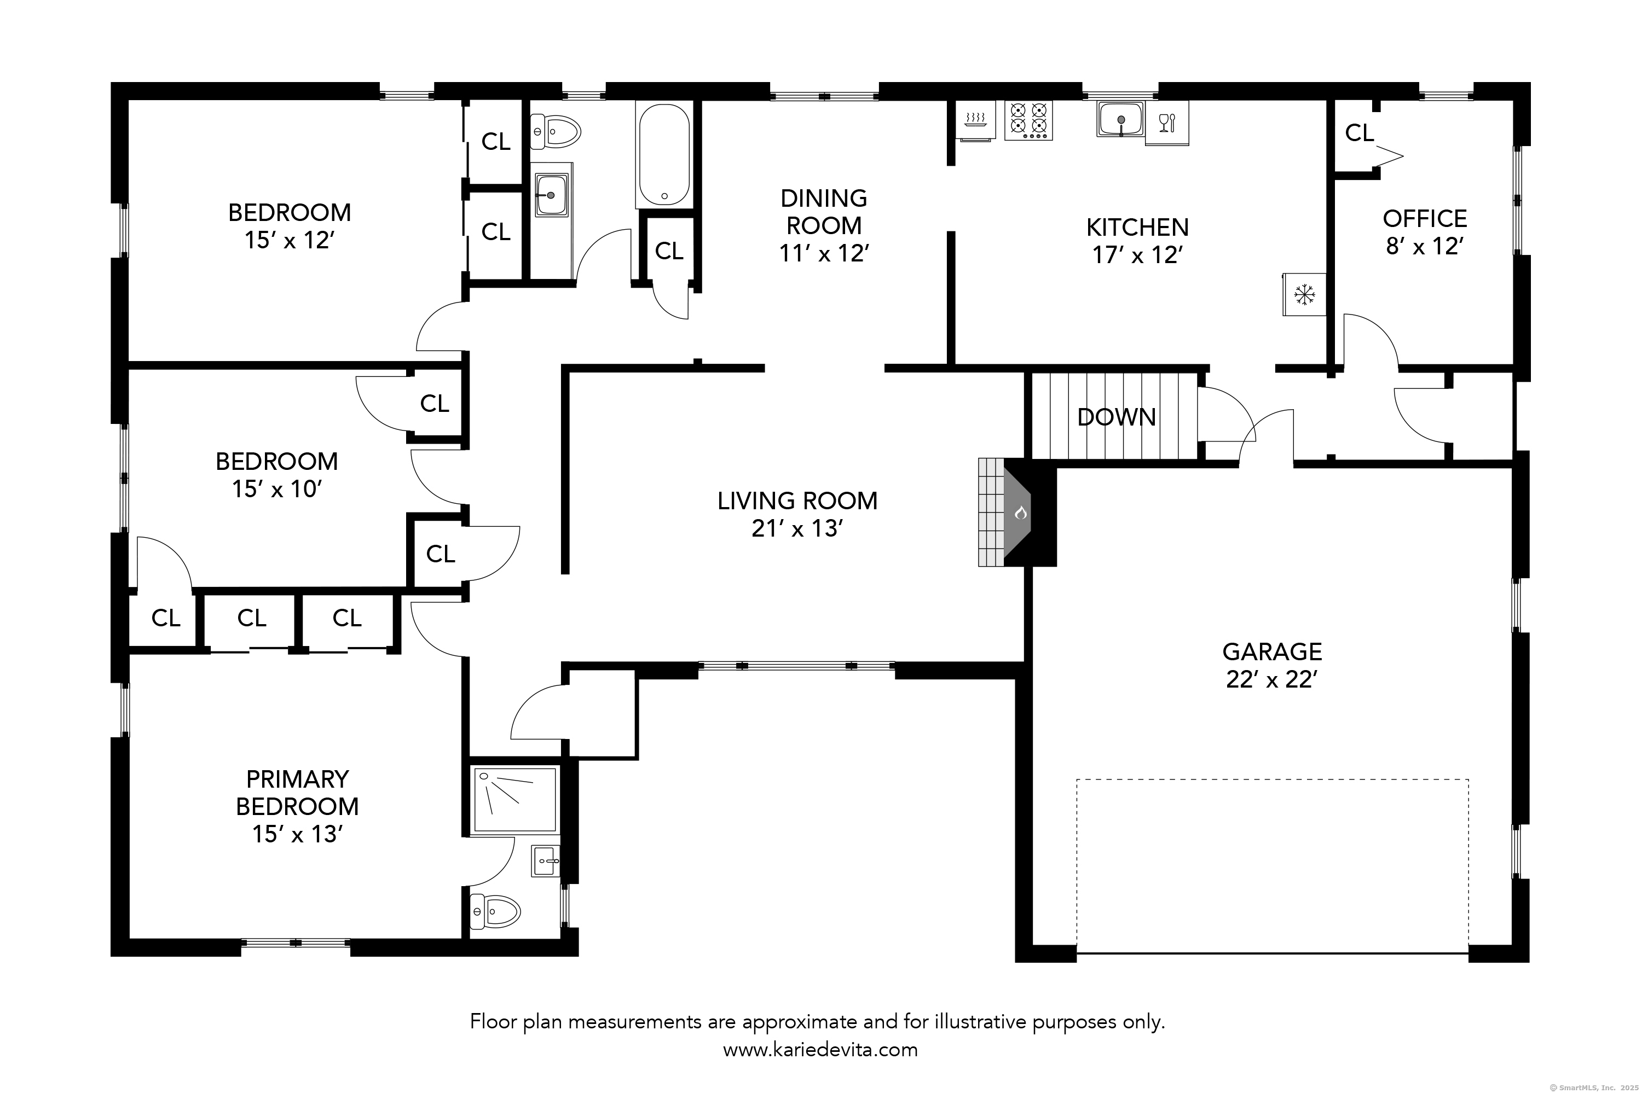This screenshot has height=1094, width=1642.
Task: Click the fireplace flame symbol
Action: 1020,514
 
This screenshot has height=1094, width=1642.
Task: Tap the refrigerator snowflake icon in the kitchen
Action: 1303,294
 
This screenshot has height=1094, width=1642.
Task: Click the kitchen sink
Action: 1120,119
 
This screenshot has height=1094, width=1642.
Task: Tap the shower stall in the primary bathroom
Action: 515,800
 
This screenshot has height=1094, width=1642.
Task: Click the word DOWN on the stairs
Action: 1117,417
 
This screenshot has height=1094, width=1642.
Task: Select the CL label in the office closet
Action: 1358,132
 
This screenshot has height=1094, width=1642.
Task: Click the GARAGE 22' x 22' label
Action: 1271,665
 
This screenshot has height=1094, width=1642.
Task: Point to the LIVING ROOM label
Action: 797,501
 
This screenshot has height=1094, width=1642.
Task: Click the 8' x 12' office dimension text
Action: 1424,246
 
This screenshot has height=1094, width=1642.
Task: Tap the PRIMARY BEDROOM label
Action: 297,793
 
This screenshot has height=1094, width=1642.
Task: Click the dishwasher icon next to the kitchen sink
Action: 1166,124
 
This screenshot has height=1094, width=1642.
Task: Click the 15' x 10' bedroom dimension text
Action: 276,489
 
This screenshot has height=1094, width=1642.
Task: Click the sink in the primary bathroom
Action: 545,861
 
